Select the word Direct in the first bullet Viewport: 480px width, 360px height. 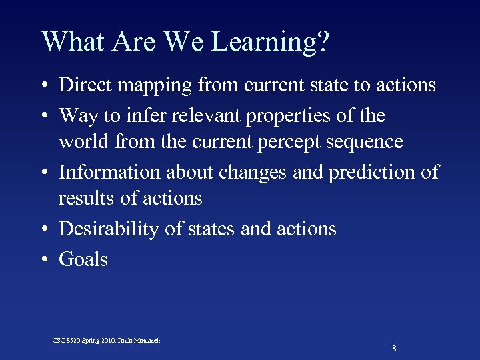(x=84, y=85)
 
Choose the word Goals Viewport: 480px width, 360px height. (x=83, y=259)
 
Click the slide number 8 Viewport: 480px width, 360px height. (x=395, y=349)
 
